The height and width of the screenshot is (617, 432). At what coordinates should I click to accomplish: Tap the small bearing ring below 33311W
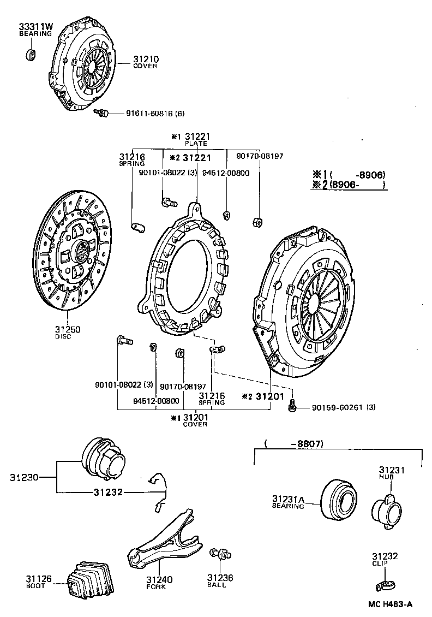(x=32, y=54)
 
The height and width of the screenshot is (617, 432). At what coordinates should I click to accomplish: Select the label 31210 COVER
(x=145, y=62)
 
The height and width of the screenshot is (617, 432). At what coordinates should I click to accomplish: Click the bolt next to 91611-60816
(x=101, y=113)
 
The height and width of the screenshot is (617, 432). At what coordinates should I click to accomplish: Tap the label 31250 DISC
(x=67, y=331)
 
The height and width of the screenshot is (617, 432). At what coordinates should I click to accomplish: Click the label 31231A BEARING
(x=288, y=502)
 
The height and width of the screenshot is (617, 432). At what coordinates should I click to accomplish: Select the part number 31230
(x=23, y=477)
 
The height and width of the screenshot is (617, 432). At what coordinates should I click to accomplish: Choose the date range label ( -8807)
(x=293, y=444)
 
